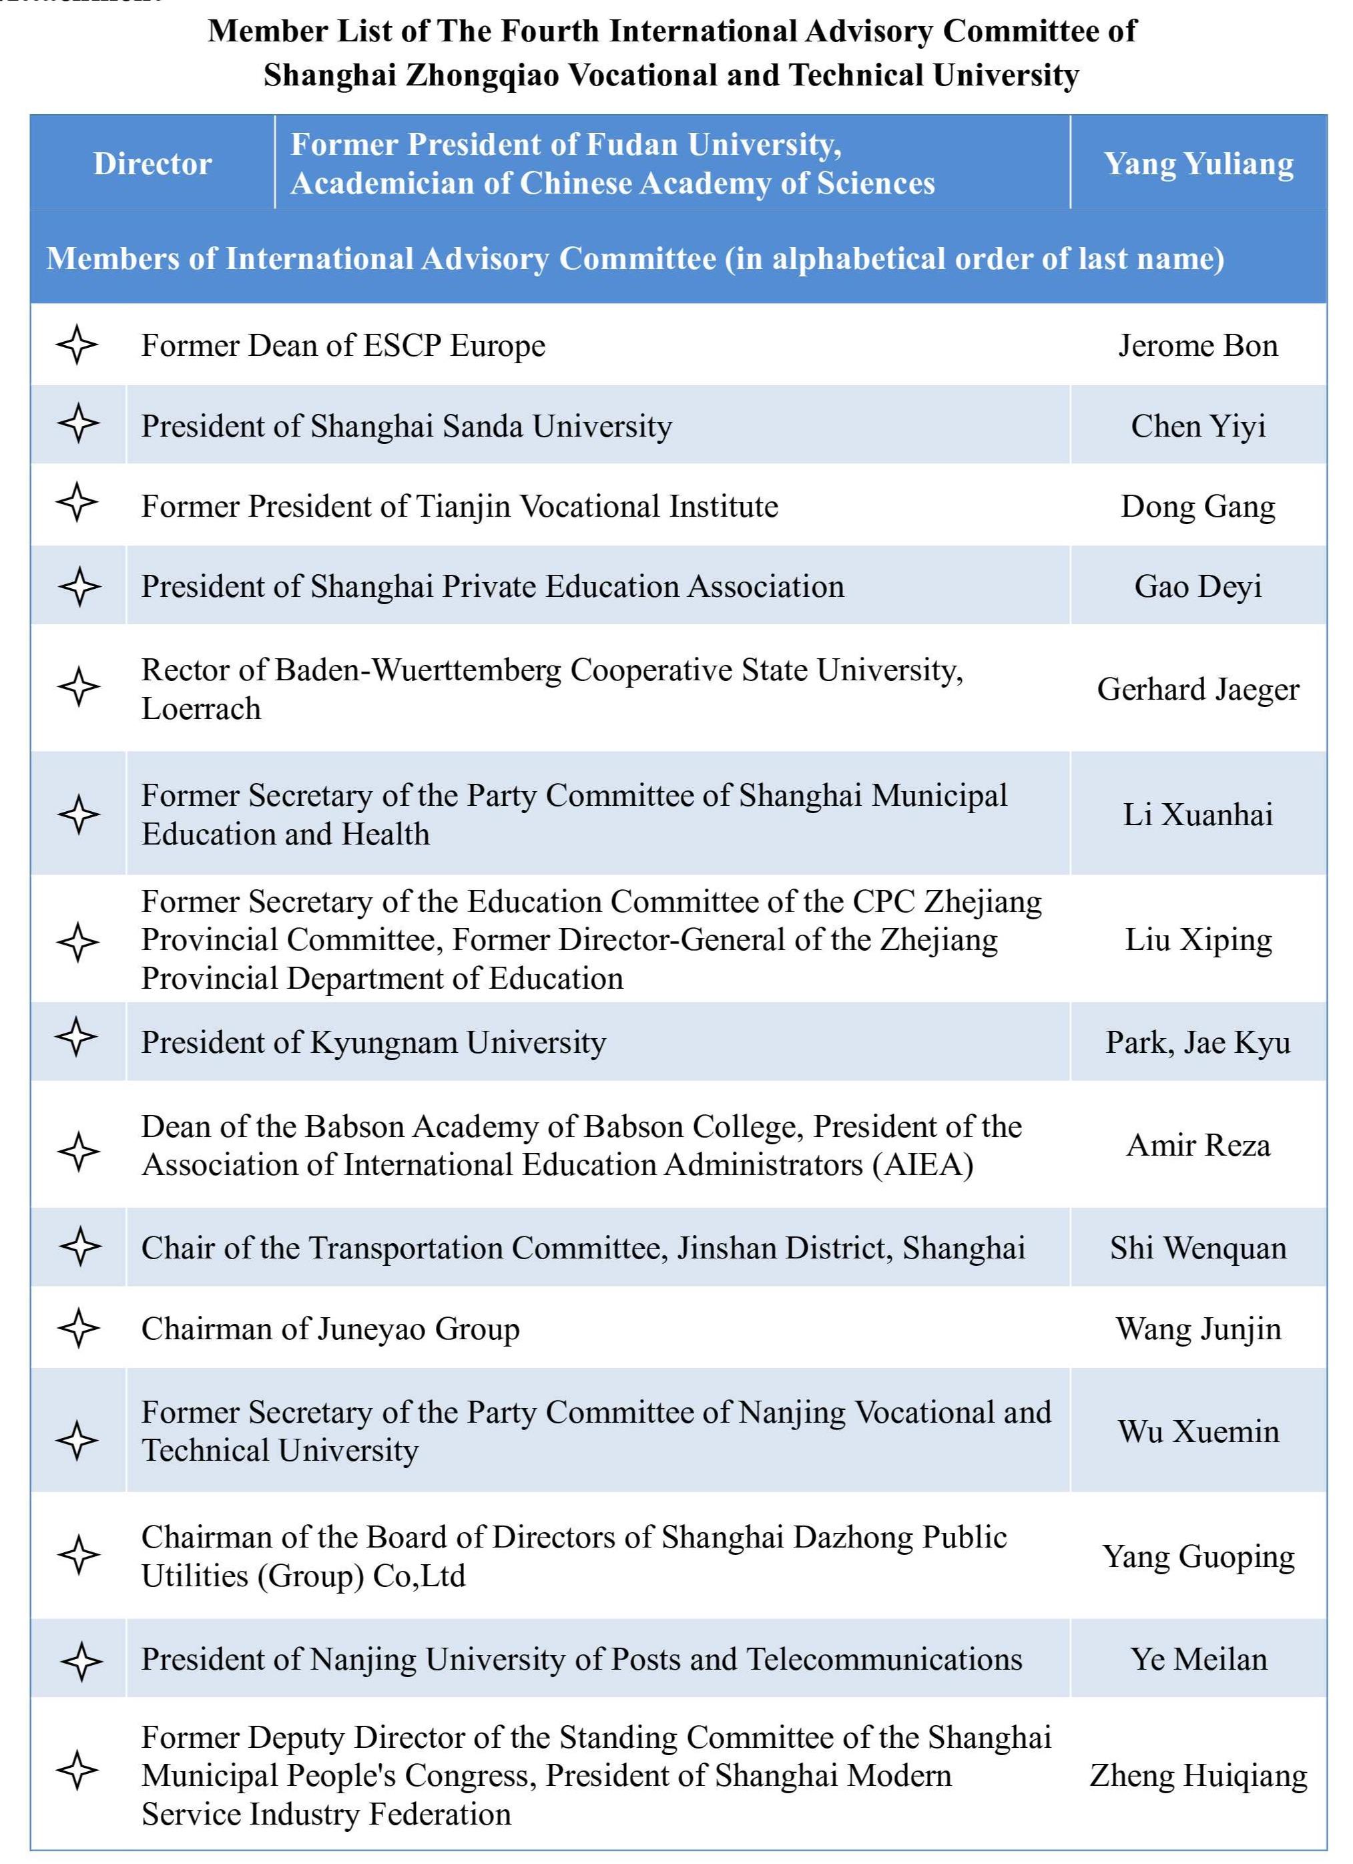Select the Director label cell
[153, 164]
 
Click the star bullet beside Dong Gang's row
[77, 502]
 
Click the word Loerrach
[202, 709]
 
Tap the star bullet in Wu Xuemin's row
[78, 1440]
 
